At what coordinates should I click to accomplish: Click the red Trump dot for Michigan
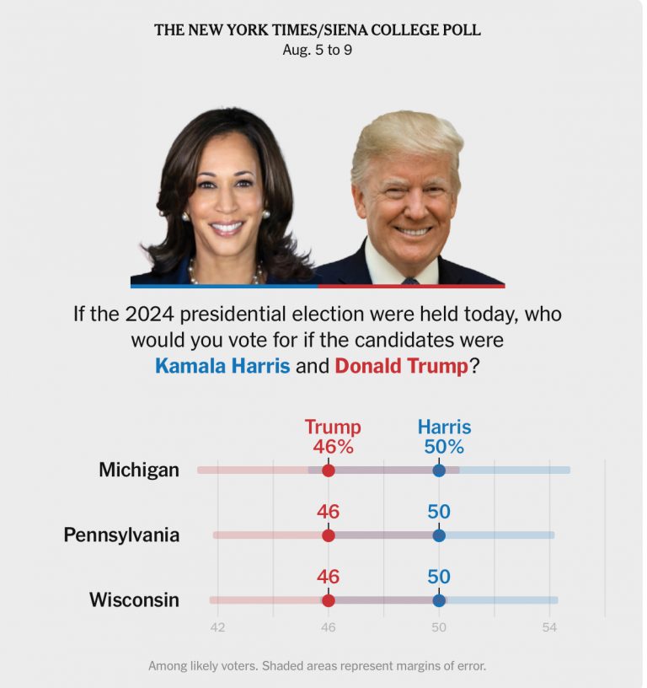click(329, 470)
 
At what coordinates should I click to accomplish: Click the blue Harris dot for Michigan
click(439, 470)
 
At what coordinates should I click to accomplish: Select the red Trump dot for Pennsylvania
click(329, 535)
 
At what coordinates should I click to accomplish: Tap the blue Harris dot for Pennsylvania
click(439, 535)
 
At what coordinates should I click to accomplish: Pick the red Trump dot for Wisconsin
click(329, 600)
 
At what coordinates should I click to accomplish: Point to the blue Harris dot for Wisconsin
click(439, 600)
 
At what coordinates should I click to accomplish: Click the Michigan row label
click(139, 470)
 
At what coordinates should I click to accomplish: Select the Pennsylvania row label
click(121, 535)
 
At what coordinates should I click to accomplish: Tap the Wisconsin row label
click(134, 599)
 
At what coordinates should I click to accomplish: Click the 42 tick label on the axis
click(217, 627)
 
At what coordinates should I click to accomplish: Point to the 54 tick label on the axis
click(549, 627)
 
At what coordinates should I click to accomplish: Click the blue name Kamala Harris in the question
click(222, 366)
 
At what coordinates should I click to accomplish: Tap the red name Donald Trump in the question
click(401, 366)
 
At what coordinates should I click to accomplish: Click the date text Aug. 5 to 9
click(317, 50)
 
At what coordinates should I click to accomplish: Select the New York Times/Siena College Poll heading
click(317, 30)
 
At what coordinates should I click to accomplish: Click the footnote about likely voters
click(317, 665)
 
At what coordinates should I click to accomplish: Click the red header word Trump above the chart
click(332, 427)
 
